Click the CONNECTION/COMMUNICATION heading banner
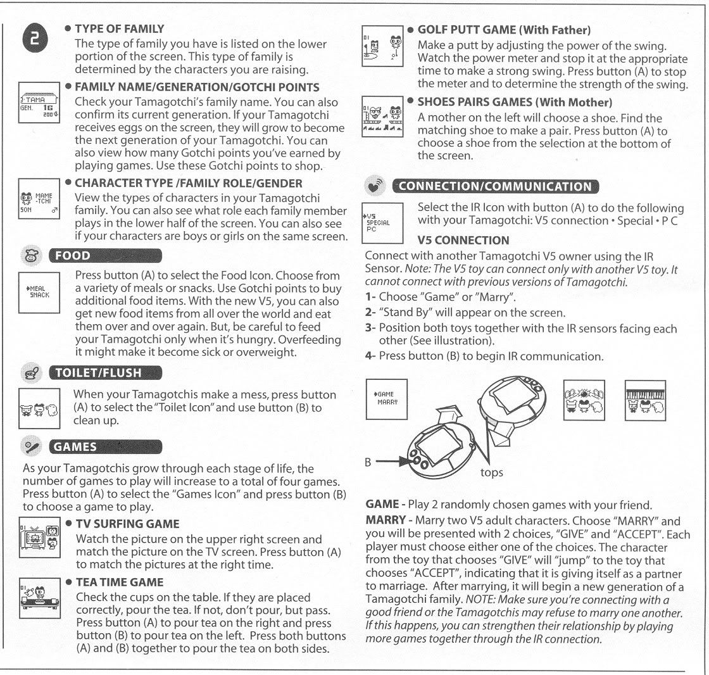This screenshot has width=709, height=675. pyautogui.click(x=496, y=187)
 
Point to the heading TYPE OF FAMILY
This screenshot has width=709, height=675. pyautogui.click(x=120, y=29)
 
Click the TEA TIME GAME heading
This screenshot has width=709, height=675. pyautogui.click(x=120, y=582)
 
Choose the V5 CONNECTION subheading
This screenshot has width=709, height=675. pyautogui.click(x=463, y=241)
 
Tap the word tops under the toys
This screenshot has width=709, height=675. pyautogui.click(x=493, y=472)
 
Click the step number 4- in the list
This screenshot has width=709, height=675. pyautogui.click(x=371, y=356)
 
